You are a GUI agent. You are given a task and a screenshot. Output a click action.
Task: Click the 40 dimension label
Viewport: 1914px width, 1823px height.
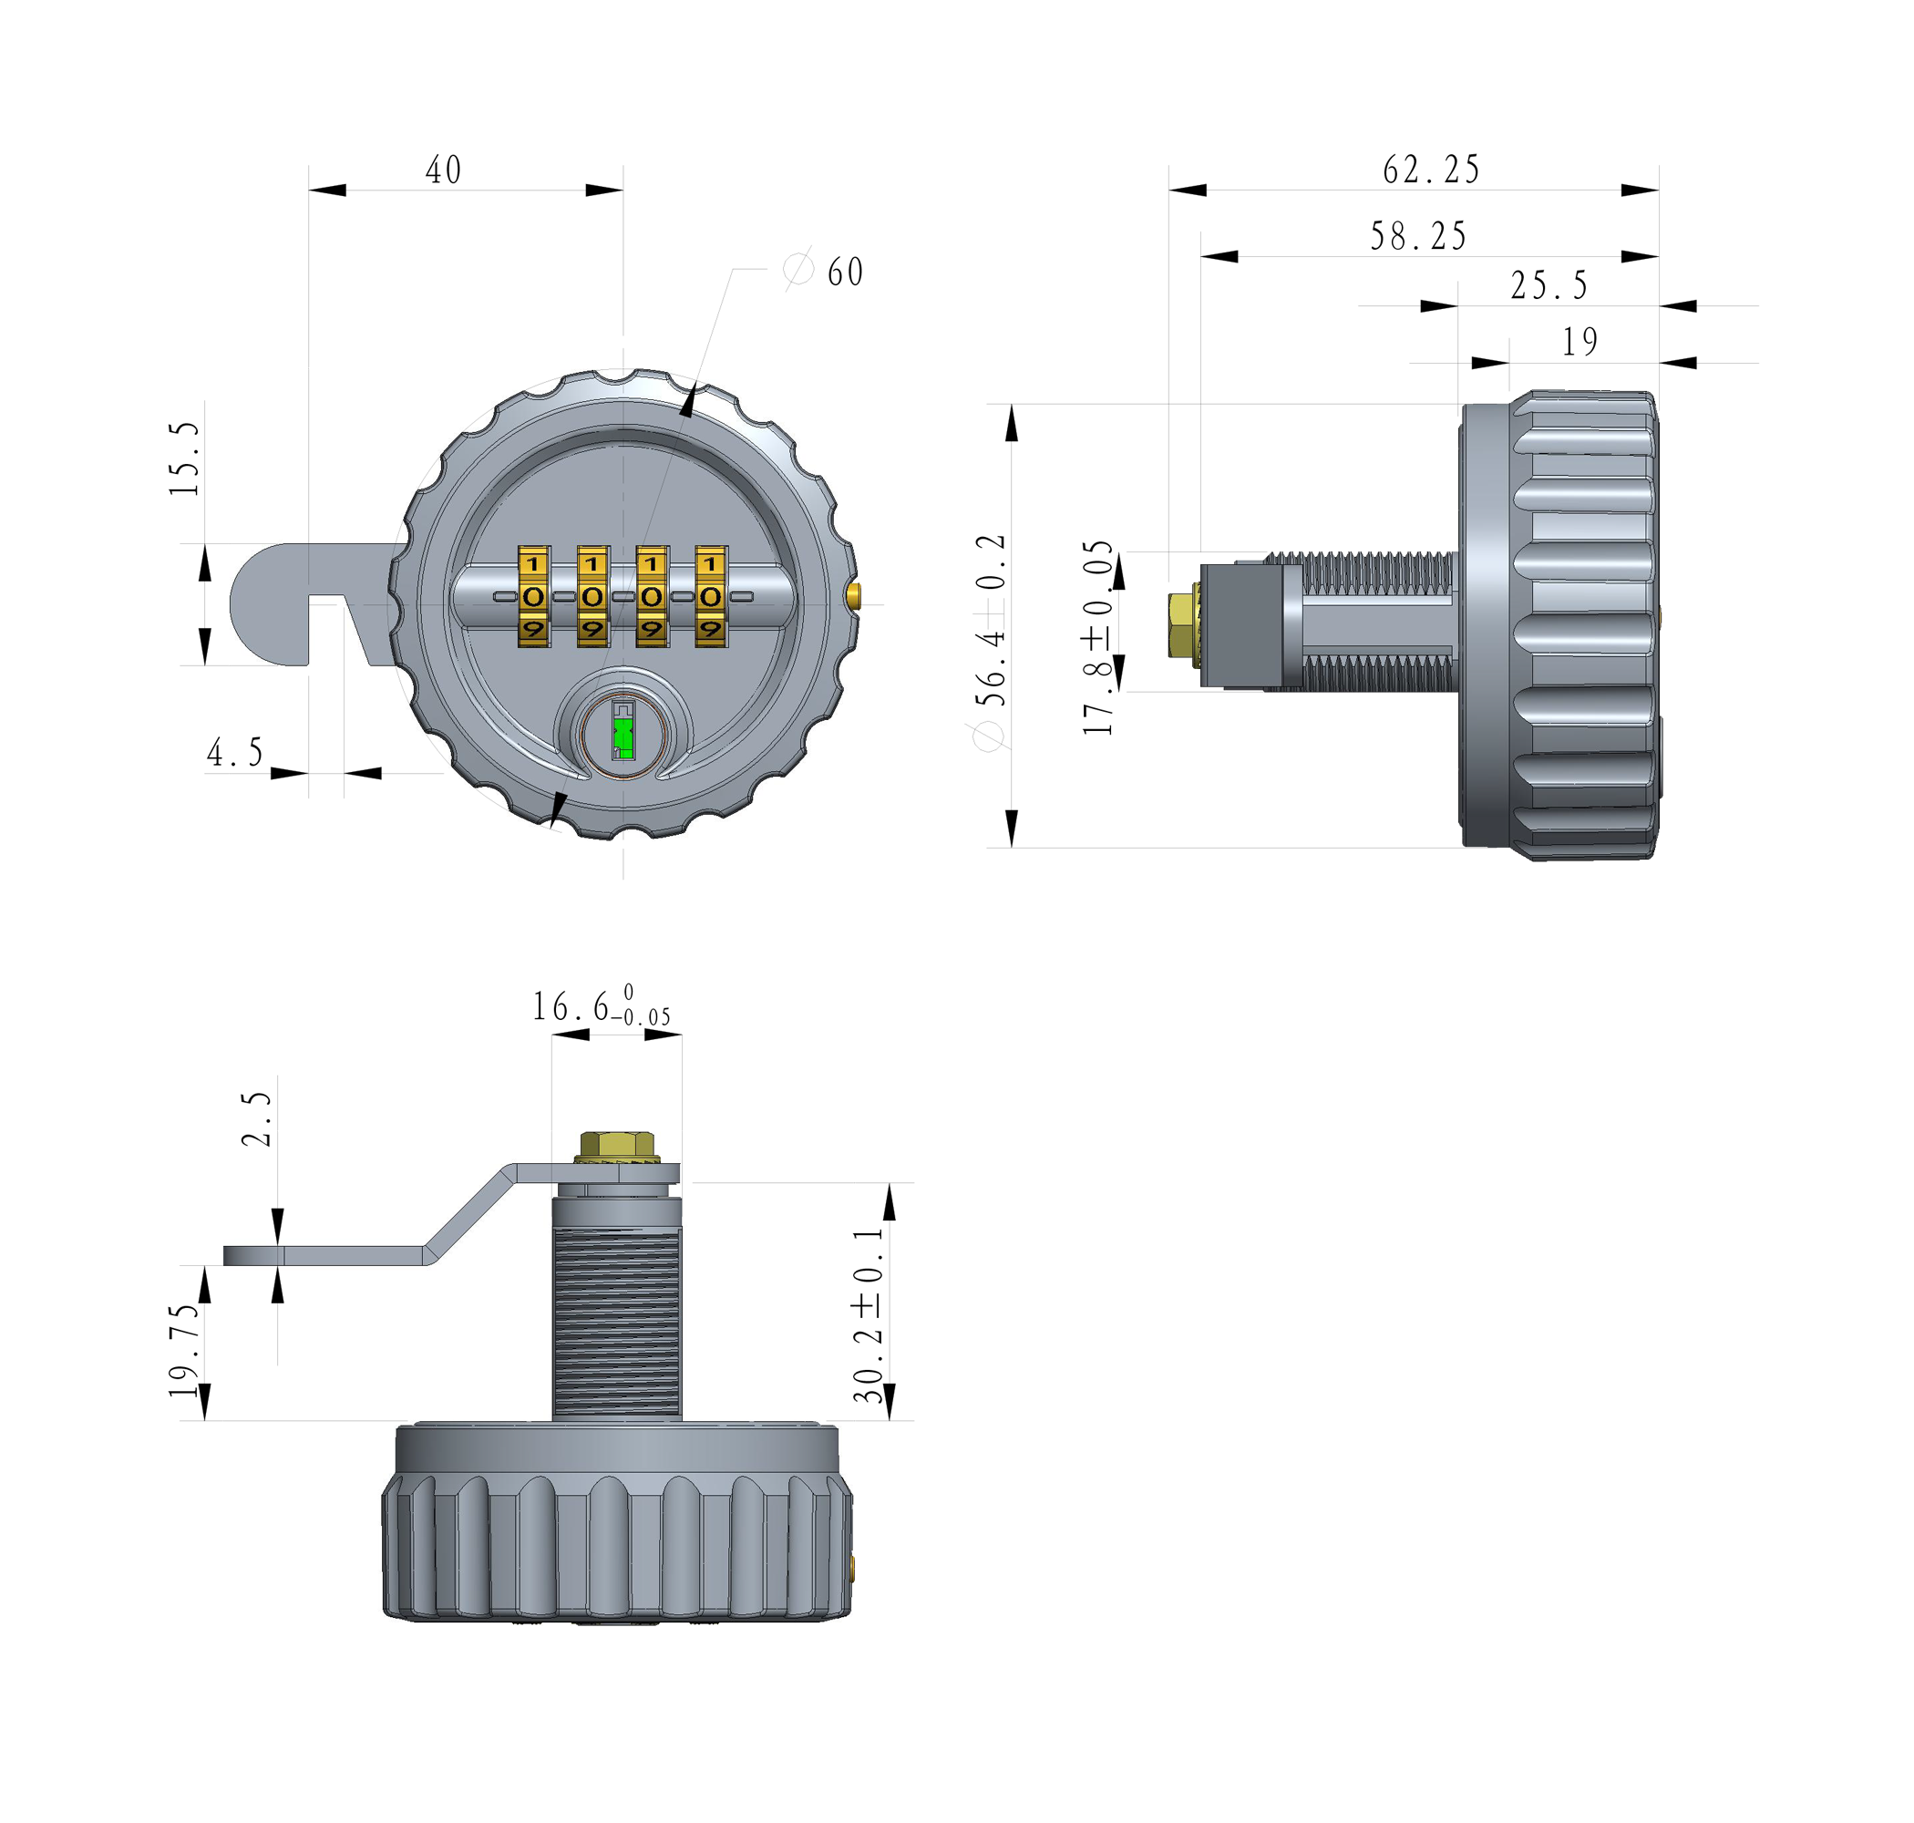point(443,170)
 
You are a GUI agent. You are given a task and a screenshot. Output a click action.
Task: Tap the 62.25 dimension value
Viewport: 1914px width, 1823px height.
point(1430,170)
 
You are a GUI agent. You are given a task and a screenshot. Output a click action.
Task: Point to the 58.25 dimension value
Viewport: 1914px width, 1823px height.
point(1417,236)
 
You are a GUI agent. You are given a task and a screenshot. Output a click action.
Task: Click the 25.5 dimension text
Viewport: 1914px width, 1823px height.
point(1549,285)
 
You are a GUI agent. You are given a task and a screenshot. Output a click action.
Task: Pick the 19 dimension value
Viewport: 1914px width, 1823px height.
point(1580,341)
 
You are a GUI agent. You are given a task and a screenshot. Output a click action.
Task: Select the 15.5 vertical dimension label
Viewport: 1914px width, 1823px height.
point(185,458)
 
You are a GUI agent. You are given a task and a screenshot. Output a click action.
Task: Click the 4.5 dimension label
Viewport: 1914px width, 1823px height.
point(235,752)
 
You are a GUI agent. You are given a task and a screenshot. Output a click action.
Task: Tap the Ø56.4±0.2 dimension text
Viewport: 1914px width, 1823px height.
point(990,642)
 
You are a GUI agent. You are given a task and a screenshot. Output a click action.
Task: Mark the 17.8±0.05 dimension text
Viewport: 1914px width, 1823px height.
point(1098,636)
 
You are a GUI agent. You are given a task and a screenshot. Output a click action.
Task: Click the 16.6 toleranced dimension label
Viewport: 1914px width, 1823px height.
point(601,1008)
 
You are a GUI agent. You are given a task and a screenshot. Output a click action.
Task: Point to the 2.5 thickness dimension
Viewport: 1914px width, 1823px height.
point(256,1118)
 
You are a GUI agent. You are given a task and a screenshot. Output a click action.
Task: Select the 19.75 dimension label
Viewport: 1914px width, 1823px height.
point(185,1350)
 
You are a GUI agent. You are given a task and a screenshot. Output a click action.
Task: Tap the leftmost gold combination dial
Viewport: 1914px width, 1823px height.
point(533,596)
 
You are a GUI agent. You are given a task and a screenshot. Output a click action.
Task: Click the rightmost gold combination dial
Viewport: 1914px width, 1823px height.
point(710,596)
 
